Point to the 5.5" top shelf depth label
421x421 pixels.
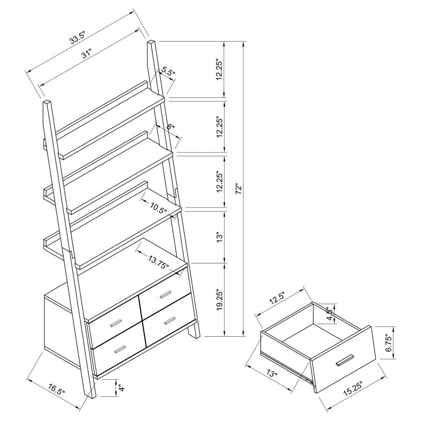pyautogui.click(x=167, y=72)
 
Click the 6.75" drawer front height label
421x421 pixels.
pyautogui.click(x=386, y=343)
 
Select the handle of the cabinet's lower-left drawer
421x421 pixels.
pyautogui.click(x=120, y=348)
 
